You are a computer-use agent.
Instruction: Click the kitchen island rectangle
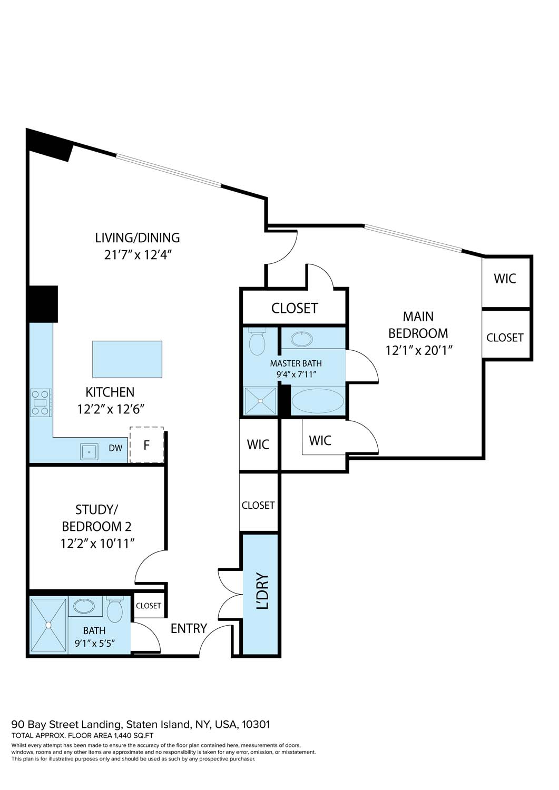[127, 359]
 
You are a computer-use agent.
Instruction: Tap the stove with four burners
[41, 402]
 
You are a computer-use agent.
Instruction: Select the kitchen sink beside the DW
[89, 451]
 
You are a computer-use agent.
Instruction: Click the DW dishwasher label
[115, 448]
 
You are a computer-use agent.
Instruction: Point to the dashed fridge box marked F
[146, 445]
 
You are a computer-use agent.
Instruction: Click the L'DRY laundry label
[262, 591]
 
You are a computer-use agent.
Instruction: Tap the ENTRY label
[189, 628]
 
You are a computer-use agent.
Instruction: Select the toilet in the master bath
[257, 343]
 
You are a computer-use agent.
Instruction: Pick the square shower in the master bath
[260, 401]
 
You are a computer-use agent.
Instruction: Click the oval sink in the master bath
[301, 339]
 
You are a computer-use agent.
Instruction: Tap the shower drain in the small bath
[48, 625]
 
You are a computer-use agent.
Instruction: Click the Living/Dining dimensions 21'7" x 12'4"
[138, 255]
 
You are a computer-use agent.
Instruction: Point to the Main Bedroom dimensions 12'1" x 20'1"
[419, 350]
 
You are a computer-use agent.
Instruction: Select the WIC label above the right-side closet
[505, 279]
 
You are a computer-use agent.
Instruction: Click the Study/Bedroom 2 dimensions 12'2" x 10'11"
[97, 543]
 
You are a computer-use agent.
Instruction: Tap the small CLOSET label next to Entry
[149, 606]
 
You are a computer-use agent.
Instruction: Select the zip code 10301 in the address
[256, 724]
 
